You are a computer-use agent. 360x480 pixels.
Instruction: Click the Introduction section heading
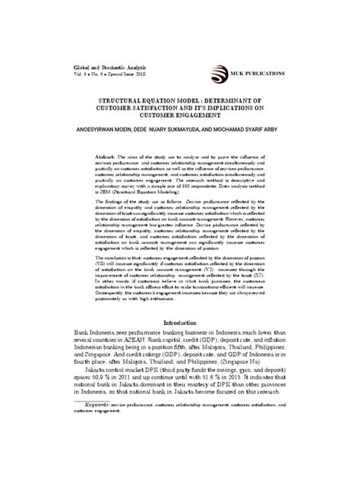click(x=180, y=343)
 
